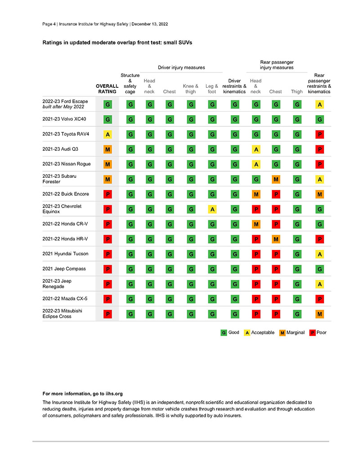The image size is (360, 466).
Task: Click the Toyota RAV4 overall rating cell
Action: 108,134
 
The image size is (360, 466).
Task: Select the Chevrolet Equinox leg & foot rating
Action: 211,209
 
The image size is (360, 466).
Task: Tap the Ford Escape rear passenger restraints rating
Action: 319,104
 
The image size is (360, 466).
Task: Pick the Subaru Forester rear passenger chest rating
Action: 275,179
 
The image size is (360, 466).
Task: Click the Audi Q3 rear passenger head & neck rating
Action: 256,149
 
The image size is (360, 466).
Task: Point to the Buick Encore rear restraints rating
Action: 319,194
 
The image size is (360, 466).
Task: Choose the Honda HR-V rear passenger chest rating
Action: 275,239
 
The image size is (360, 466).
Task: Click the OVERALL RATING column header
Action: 108,89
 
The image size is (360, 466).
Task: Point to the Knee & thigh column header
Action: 190,89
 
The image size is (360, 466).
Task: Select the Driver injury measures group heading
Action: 181,68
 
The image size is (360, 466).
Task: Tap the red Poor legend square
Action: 312,333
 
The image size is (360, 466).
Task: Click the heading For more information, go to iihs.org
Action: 82,394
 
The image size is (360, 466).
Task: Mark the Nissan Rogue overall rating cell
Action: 108,164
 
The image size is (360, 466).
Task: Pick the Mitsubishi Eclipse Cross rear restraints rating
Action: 319,314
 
